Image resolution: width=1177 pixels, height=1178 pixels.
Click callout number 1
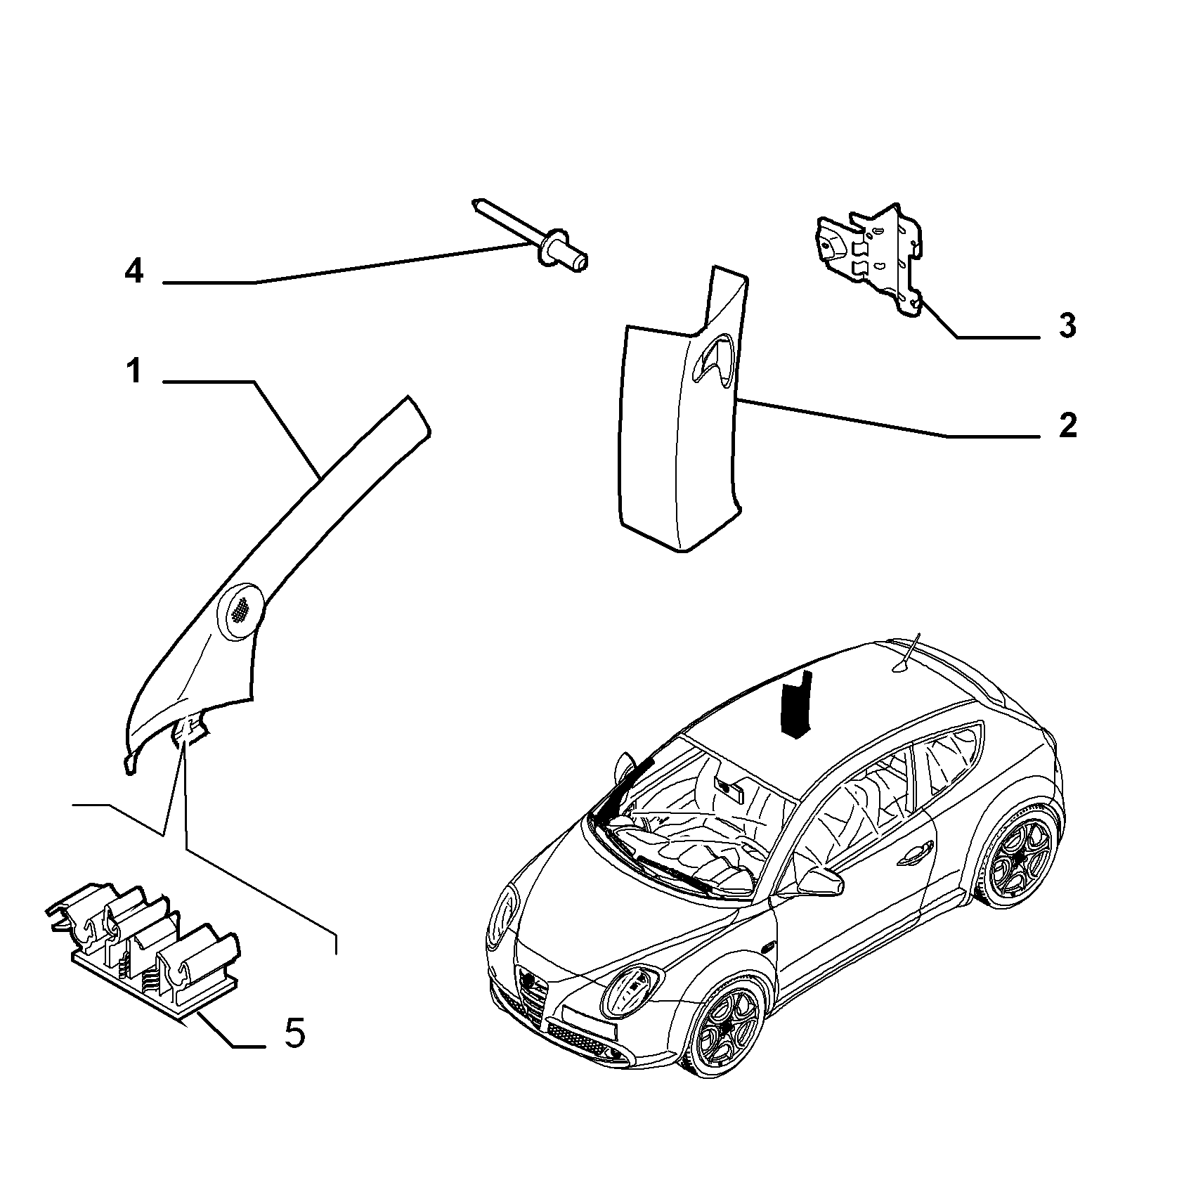click(x=134, y=372)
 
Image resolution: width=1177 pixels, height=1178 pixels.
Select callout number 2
click(x=1067, y=426)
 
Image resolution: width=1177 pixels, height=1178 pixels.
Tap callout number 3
click(x=1067, y=326)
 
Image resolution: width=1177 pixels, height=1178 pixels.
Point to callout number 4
click(x=134, y=271)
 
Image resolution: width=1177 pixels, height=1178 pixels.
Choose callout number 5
click(x=295, y=1033)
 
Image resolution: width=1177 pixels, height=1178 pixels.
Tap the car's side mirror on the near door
click(x=818, y=881)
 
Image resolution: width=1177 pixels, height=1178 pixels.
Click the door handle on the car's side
click(x=917, y=853)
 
